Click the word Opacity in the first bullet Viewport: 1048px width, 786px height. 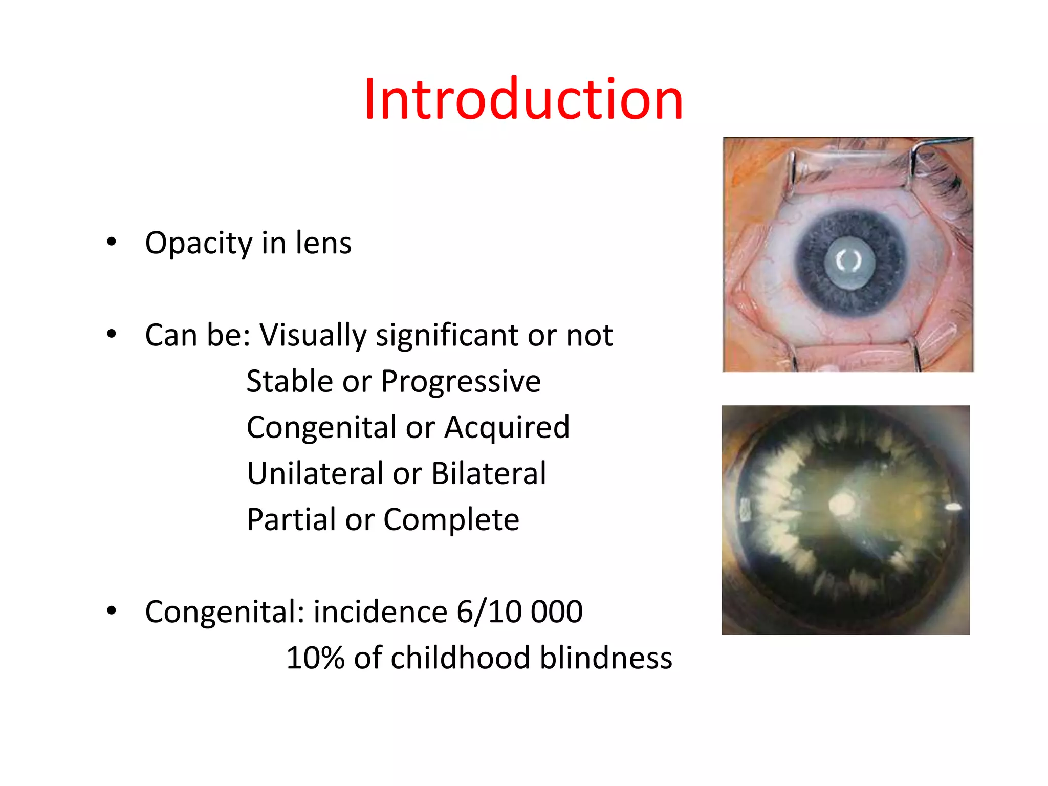pyautogui.click(x=199, y=244)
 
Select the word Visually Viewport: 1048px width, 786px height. pyautogui.click(x=313, y=336)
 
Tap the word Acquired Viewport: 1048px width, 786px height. pyautogui.click(x=507, y=427)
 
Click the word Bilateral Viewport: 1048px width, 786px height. pyautogui.click(x=489, y=473)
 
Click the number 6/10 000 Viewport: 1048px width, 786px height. pyautogui.click(x=519, y=612)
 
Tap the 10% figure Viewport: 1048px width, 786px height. pyautogui.click(x=315, y=658)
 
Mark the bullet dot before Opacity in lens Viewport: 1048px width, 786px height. pyautogui.click(x=112, y=243)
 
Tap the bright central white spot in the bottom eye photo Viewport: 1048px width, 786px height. pyautogui.click(x=841, y=504)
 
